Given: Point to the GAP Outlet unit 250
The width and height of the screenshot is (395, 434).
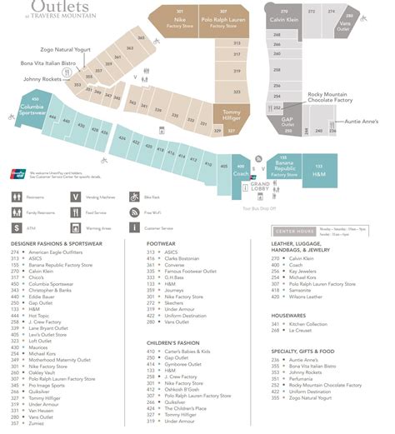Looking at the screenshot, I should [288, 122].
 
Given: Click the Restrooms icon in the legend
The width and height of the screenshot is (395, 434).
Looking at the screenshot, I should [18, 197].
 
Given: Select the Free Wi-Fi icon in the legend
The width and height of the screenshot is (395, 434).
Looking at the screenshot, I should [134, 212].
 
